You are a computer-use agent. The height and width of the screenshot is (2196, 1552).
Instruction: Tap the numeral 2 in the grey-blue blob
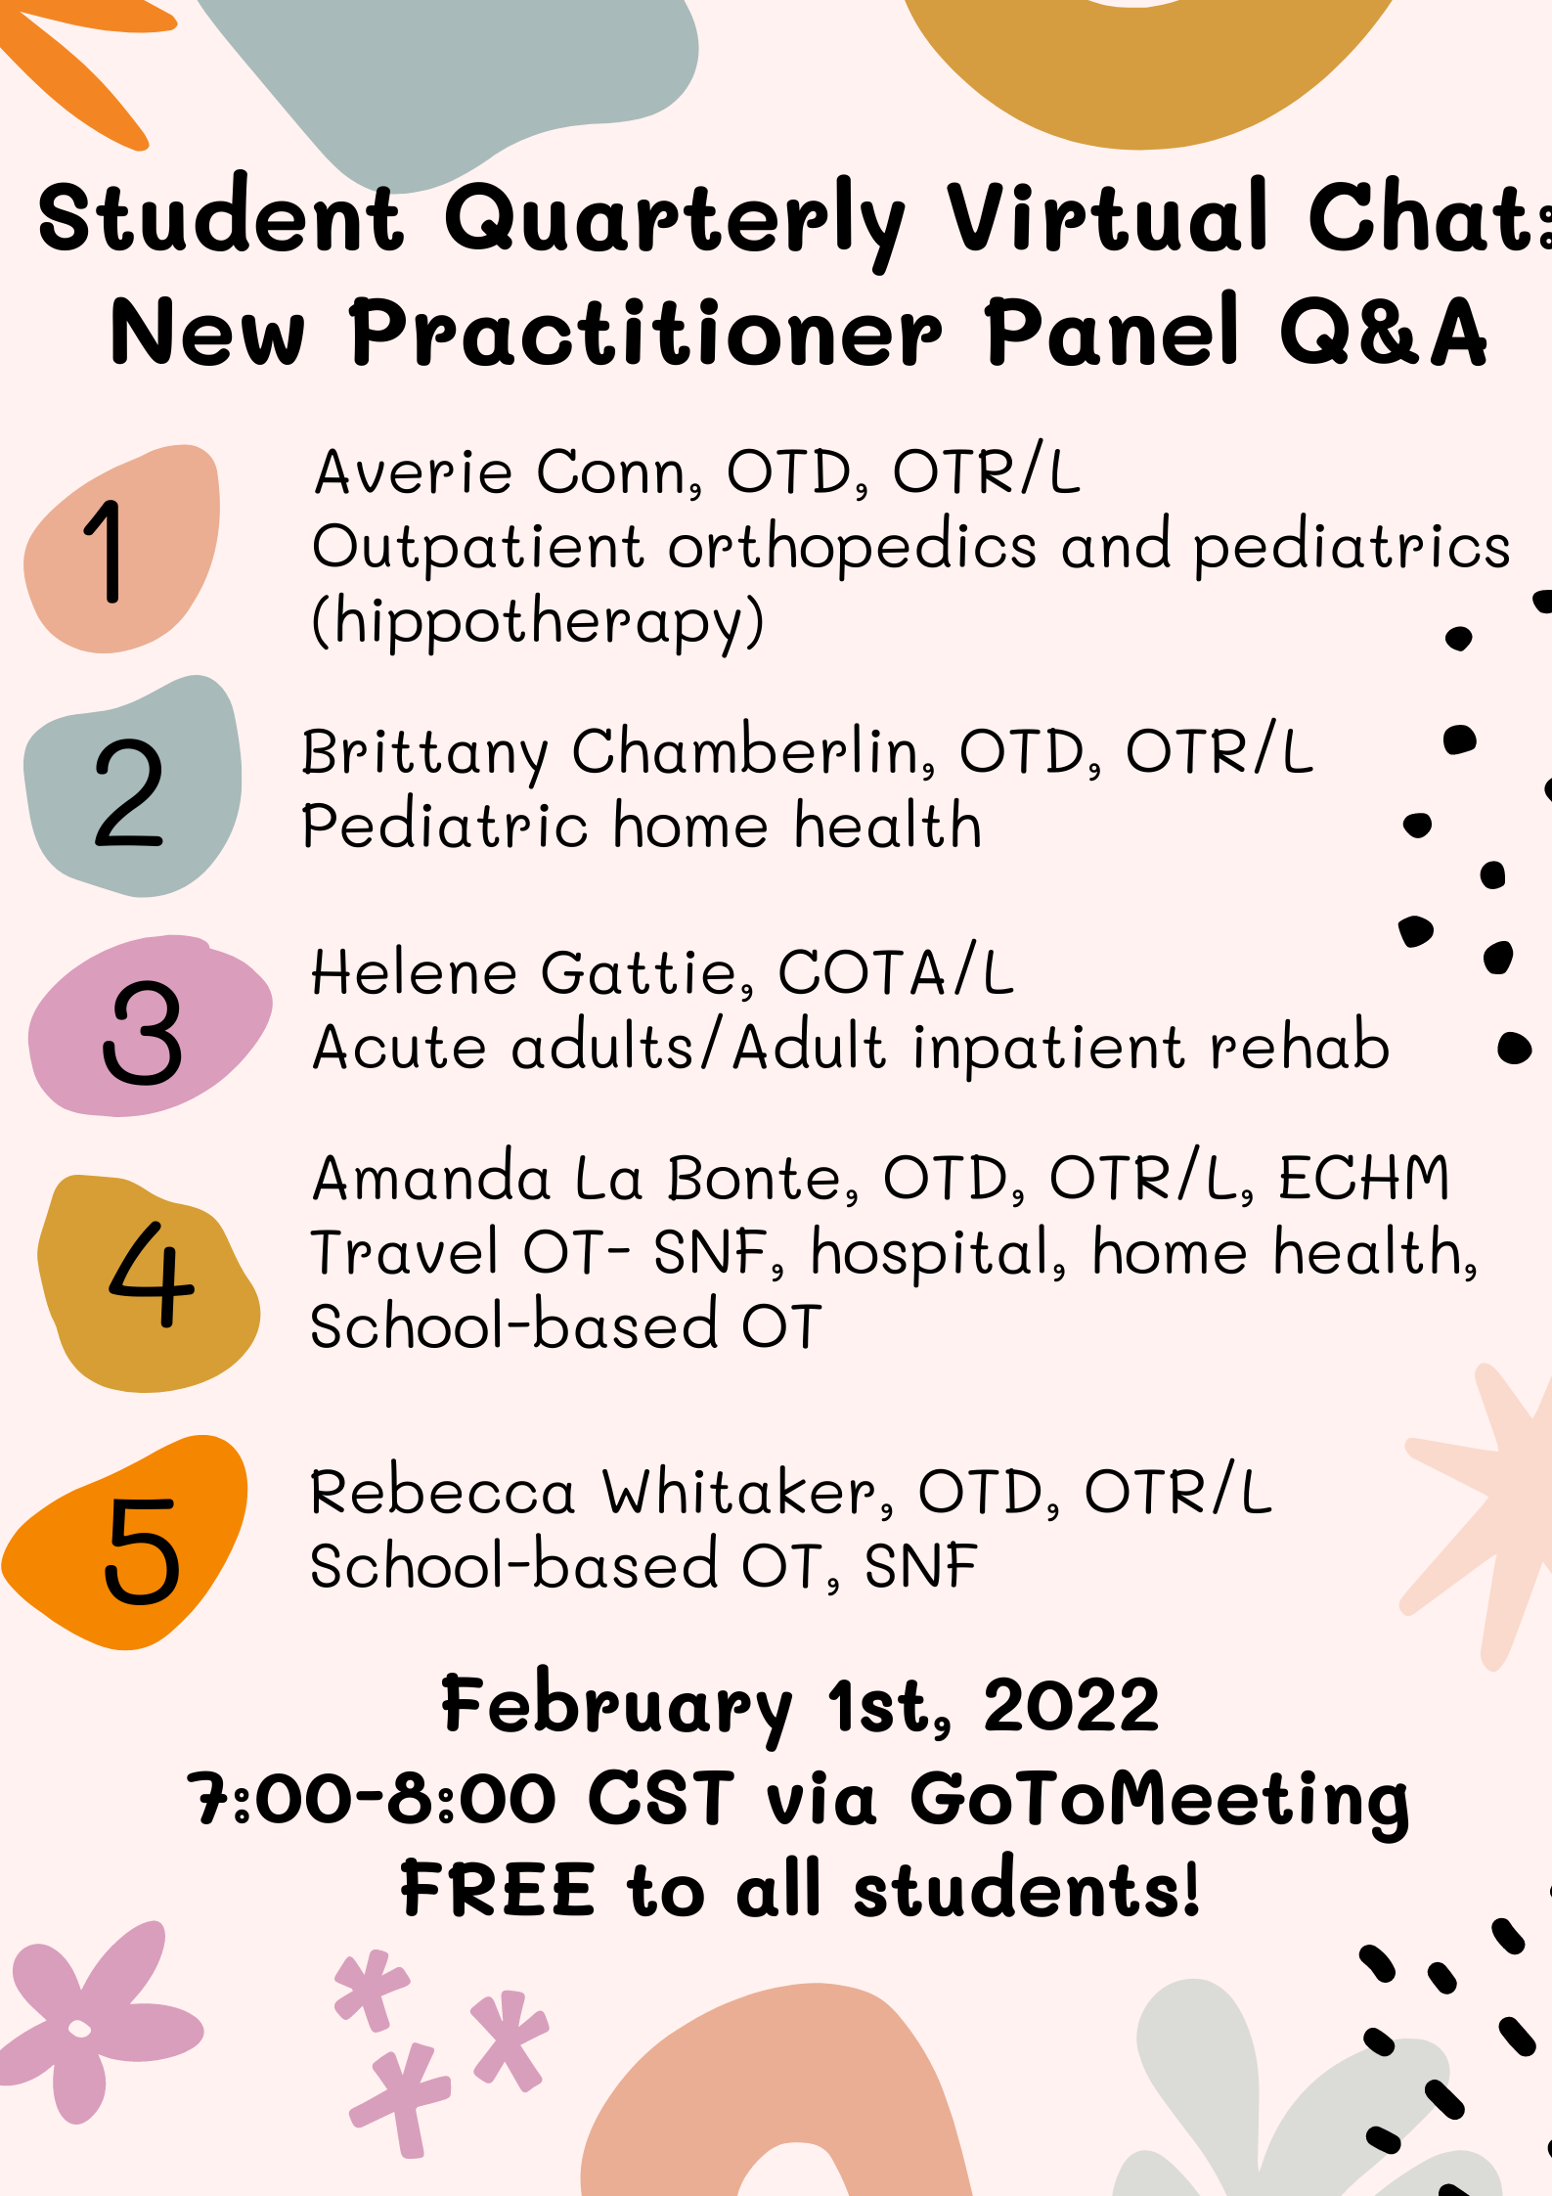click(128, 792)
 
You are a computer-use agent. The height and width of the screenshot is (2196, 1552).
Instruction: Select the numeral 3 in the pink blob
click(143, 1033)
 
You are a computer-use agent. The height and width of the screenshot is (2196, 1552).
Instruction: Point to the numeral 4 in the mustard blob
click(152, 1274)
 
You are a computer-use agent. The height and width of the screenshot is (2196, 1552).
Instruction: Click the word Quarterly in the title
click(676, 221)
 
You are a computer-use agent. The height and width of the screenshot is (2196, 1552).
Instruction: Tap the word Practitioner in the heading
click(646, 333)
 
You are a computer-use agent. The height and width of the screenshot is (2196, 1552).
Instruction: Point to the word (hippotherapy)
click(538, 622)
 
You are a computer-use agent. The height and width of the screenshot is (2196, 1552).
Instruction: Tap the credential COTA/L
click(896, 972)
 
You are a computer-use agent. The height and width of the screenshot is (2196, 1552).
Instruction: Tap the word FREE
click(498, 1889)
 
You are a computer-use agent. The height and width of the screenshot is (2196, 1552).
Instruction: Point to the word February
click(617, 1708)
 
